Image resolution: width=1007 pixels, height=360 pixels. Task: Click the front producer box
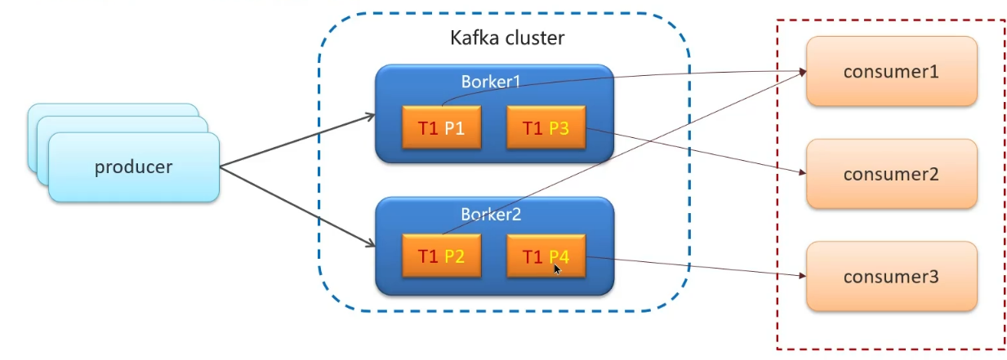pyautogui.click(x=134, y=167)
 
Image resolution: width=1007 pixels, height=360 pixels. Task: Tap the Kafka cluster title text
pyautogui.click(x=507, y=38)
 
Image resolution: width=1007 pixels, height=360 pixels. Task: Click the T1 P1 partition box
pyautogui.click(x=441, y=128)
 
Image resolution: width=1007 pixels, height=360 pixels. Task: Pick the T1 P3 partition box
pyautogui.click(x=546, y=128)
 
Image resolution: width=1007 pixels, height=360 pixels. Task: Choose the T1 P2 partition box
pyautogui.click(x=441, y=256)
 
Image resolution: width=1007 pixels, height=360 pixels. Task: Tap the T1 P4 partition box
pyautogui.click(x=546, y=256)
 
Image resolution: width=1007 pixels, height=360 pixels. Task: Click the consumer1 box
pyautogui.click(x=891, y=71)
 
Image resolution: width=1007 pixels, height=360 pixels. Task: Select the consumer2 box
pyautogui.click(x=891, y=174)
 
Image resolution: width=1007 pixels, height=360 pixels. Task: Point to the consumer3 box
pyautogui.click(x=891, y=277)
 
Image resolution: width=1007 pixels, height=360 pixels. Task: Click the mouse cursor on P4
pyautogui.click(x=557, y=268)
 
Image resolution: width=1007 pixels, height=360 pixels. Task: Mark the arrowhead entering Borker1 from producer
pyautogui.click(x=370, y=117)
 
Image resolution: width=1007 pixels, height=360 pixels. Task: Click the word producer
pyautogui.click(x=134, y=167)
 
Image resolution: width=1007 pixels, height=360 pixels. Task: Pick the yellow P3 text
pyautogui.click(x=559, y=128)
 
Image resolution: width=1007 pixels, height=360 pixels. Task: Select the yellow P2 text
pyautogui.click(x=454, y=256)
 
